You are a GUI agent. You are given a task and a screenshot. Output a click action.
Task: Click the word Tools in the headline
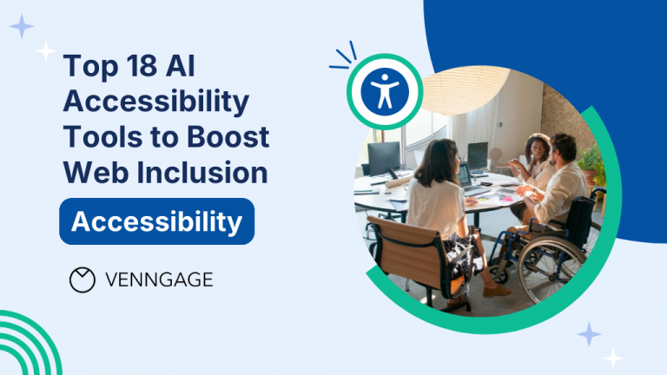[x=97, y=136]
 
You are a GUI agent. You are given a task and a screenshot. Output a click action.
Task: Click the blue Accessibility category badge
[x=156, y=221]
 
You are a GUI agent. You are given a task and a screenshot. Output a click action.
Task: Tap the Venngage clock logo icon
[x=82, y=279]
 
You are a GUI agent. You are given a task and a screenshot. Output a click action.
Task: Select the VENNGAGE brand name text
[x=158, y=280]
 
